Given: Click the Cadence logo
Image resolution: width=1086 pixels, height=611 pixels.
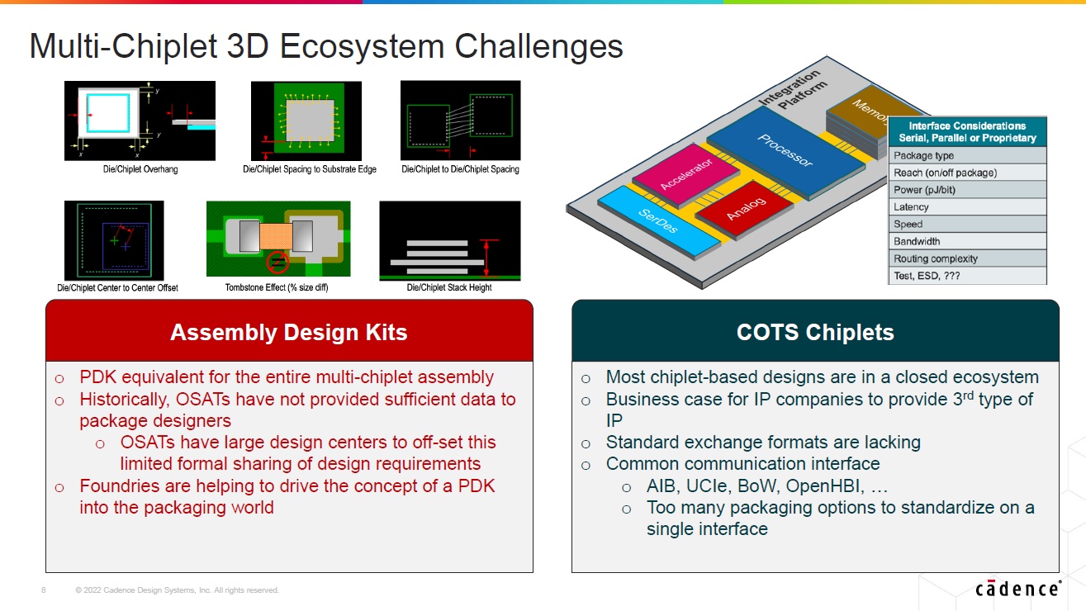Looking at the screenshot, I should click(1017, 589).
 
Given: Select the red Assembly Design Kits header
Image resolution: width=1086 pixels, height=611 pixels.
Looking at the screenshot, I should click(289, 332).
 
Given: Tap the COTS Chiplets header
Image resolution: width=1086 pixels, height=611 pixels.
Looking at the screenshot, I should click(815, 332).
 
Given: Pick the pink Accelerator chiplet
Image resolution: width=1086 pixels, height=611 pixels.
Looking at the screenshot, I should click(685, 175).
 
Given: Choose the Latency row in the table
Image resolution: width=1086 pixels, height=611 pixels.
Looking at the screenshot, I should click(967, 207).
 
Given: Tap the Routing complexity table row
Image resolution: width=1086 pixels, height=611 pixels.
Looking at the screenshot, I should click(967, 258).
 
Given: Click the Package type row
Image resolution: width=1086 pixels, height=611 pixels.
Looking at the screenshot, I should click(967, 155).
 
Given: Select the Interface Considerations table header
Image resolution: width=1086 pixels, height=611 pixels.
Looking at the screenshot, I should click(967, 132).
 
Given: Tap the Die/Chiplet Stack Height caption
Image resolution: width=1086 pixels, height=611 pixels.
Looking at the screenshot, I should click(449, 287).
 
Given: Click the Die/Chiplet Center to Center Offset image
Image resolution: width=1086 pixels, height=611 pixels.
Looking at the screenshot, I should click(114, 240).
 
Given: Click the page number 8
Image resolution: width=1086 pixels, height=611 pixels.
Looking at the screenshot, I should click(43, 590).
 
